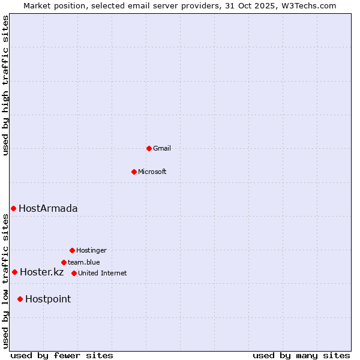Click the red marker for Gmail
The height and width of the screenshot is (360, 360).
pos(149,148)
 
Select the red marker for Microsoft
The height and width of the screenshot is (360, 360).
pos(134,172)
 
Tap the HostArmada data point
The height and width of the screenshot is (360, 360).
pos(13,208)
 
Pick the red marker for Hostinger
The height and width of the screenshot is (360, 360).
pos(72,250)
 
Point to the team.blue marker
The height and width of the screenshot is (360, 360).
pos(64,262)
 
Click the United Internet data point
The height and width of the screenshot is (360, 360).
pos(74,273)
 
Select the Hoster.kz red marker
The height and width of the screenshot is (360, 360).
pos(14,272)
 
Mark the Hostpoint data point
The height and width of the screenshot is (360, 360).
pos(20,299)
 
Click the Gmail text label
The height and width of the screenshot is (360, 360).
pos(162,148)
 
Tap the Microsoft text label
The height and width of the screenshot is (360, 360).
pos(152,172)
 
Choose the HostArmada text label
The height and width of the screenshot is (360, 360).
pos(48,208)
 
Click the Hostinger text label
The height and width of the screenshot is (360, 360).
pos(91,250)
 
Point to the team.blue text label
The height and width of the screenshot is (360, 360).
pos(84,262)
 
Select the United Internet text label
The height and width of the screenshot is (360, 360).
pos(103,273)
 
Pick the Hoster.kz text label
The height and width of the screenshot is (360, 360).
pos(41,272)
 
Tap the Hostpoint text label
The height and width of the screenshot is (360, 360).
pos(48,299)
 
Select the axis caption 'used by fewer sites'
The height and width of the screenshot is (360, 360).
pos(62,355)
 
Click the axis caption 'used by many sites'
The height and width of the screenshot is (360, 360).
pos(301,355)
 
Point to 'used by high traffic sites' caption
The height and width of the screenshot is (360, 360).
pos(5,85)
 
